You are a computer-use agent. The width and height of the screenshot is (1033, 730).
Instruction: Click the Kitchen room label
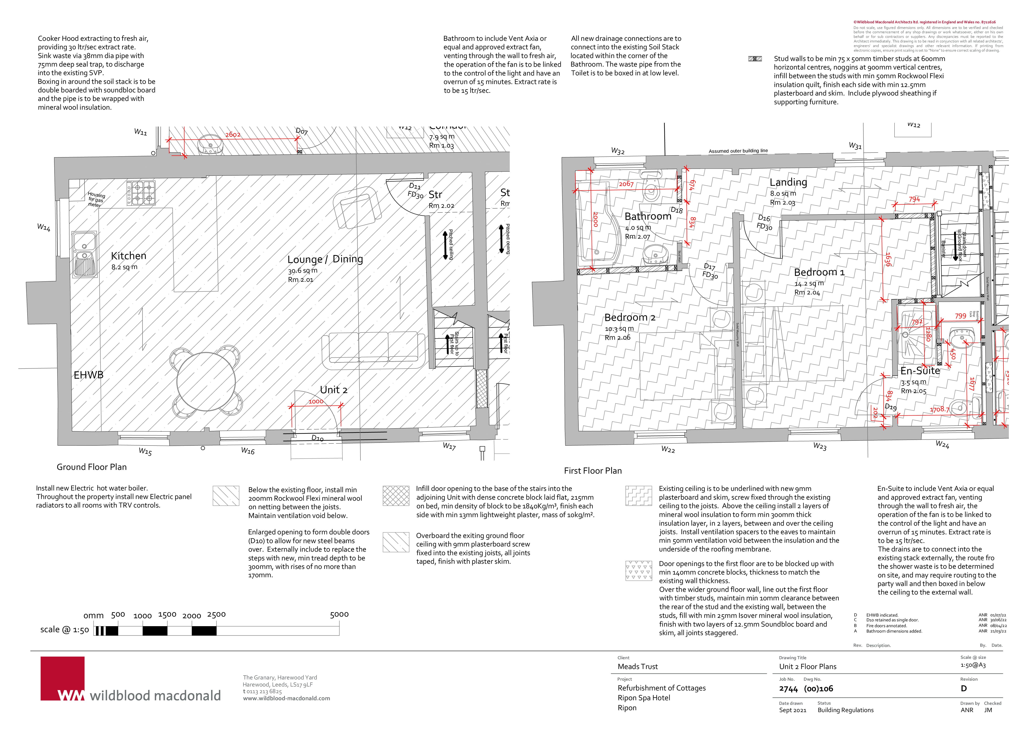pyautogui.click(x=129, y=256)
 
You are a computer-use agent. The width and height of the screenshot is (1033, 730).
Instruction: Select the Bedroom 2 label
pyautogui.click(x=629, y=318)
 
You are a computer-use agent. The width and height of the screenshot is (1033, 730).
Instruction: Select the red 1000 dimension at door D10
pyautogui.click(x=316, y=402)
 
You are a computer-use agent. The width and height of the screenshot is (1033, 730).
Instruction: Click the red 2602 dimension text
pyautogui.click(x=233, y=134)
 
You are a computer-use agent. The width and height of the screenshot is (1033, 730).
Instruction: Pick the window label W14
pyautogui.click(x=44, y=228)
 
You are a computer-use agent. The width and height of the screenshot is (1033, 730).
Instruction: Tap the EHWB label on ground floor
pyautogui.click(x=89, y=375)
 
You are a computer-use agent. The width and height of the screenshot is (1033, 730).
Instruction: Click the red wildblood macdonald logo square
pyautogui.click(x=62, y=678)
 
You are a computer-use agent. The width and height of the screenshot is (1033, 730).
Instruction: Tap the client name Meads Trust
pyautogui.click(x=638, y=667)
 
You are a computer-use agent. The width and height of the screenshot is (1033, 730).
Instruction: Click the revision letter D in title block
pyautogui.click(x=964, y=689)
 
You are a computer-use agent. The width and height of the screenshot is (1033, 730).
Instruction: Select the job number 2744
pyautogui.click(x=788, y=689)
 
